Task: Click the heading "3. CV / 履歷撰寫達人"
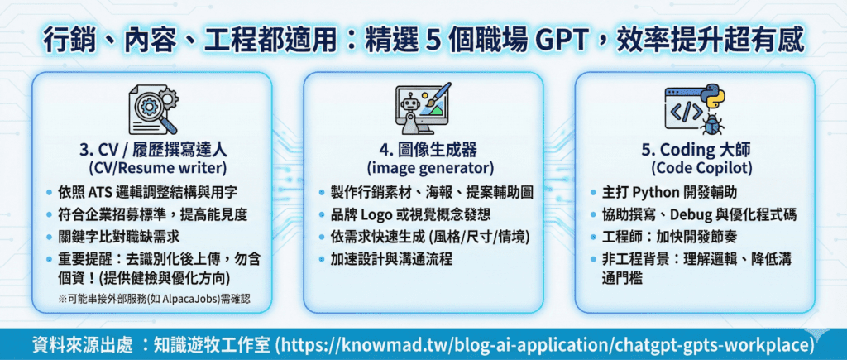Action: (152, 149)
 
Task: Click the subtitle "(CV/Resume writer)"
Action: (153, 167)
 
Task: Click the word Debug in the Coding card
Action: (690, 214)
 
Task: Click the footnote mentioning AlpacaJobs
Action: (155, 300)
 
